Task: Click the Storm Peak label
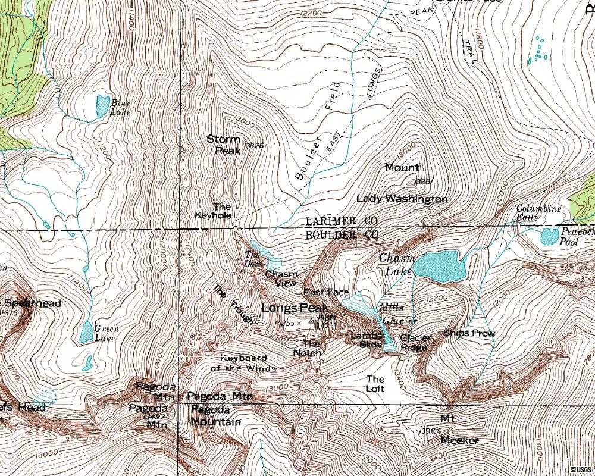(224, 145)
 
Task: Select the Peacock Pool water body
(550, 237)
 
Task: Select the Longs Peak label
(295, 308)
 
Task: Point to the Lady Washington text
(402, 199)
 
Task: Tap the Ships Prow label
(469, 333)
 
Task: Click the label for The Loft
(375, 384)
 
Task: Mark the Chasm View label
(281, 278)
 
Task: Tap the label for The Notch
(308, 348)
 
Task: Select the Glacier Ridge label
(415, 343)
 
